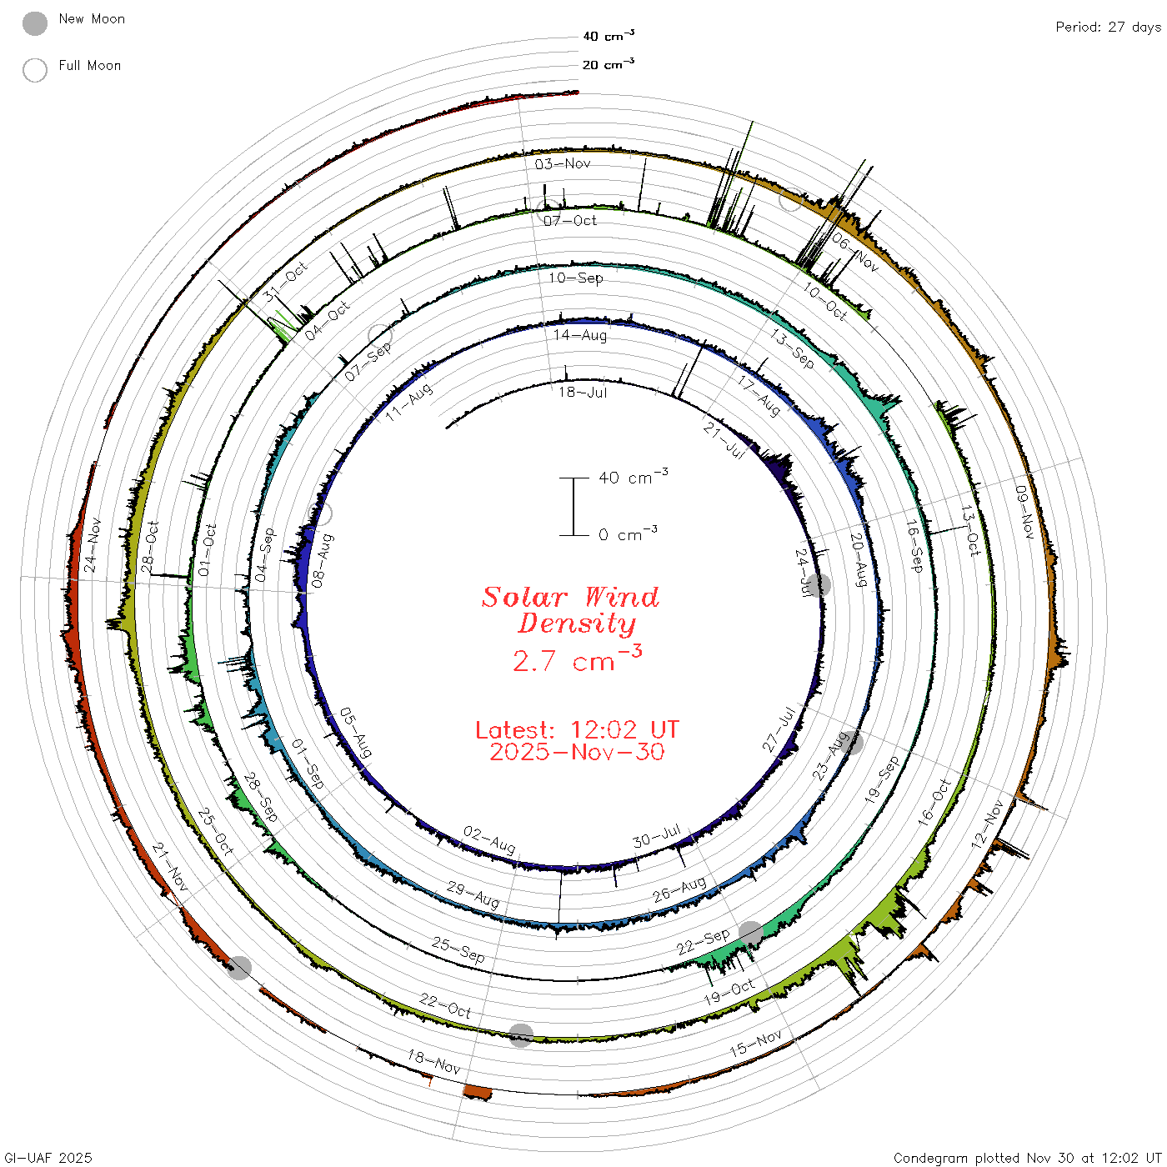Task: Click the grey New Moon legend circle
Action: point(34,23)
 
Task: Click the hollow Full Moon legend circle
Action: point(34,70)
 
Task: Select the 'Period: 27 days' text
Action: point(1108,28)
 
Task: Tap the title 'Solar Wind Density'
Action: point(570,610)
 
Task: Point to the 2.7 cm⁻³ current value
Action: point(577,659)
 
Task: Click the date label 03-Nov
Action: point(562,163)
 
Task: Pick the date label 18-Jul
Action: point(582,392)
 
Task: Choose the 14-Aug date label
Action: point(579,335)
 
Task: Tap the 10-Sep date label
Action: point(575,278)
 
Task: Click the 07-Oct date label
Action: point(570,220)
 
